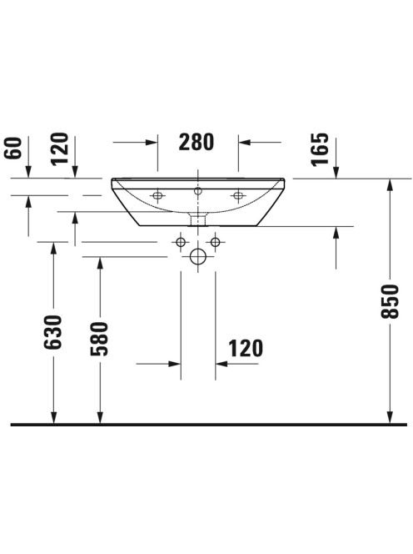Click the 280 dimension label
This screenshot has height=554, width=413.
click(x=197, y=142)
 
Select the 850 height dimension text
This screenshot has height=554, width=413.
click(x=390, y=301)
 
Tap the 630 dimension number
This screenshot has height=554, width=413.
click(x=53, y=332)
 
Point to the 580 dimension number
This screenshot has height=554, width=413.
click(x=100, y=339)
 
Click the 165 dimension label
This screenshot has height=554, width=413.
click(x=320, y=149)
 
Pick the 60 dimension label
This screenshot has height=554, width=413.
click(x=13, y=149)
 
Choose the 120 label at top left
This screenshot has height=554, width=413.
click(x=59, y=149)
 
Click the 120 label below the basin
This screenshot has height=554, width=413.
click(x=246, y=349)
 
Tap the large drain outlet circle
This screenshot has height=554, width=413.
click(x=198, y=256)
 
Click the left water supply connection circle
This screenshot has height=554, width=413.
click(x=181, y=242)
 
